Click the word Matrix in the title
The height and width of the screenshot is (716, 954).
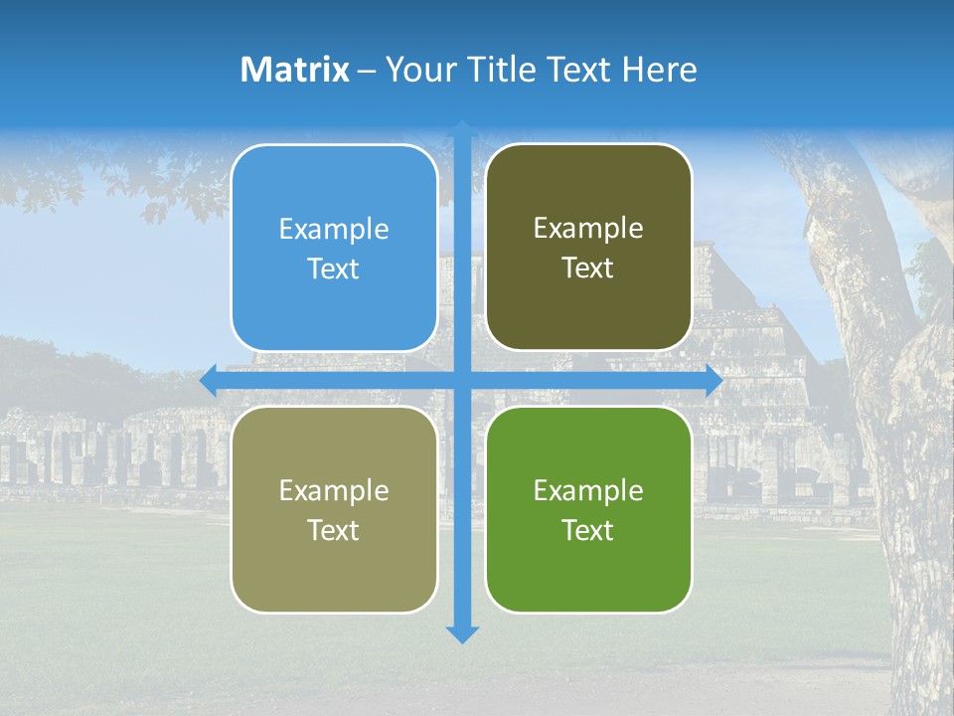pos(295,70)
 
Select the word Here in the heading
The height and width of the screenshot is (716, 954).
pos(659,70)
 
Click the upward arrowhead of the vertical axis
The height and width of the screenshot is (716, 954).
pos(462,130)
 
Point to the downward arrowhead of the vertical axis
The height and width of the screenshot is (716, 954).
pos(462,633)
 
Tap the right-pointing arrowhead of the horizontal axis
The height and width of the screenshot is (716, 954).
pos(713,381)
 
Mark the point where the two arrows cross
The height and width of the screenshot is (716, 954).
pos(462,381)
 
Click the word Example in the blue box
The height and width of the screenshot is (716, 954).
pos(334,230)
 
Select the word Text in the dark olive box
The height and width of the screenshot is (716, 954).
pos(588,268)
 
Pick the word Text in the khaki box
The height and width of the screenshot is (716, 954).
pos(334,530)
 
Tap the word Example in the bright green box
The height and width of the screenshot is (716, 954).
pos(588,490)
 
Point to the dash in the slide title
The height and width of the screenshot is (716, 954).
pos(367,70)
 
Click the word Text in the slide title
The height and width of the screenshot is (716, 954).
pos(579,70)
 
